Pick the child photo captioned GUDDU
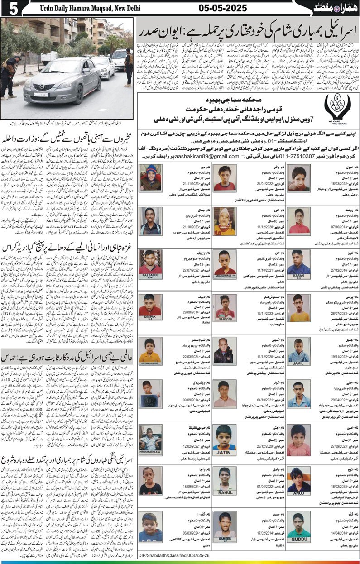pyautogui.click(x=299, y=526)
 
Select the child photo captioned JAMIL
pyautogui.click(x=299, y=351)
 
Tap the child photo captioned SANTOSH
pyautogui.click(x=225, y=308)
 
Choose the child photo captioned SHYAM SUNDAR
pyautogui.click(x=150, y=351)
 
